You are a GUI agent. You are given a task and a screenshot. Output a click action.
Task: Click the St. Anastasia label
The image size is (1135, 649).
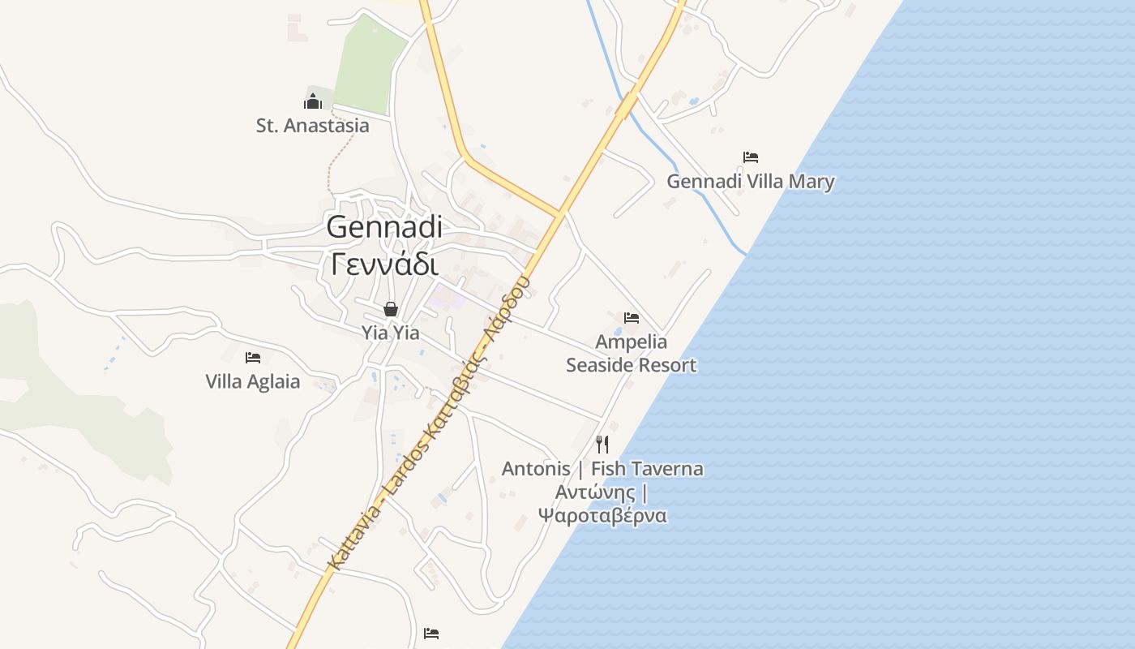click(312, 126)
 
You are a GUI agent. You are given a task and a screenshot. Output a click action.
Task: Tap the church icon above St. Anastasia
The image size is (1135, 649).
click(313, 101)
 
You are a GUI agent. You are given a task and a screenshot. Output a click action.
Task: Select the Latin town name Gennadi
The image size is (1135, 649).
click(384, 227)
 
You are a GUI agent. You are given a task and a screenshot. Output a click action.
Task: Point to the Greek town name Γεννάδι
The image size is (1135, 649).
click(384, 263)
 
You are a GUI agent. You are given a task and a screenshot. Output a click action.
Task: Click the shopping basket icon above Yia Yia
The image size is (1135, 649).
click(391, 309)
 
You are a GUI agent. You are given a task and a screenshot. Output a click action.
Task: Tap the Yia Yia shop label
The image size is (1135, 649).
click(391, 333)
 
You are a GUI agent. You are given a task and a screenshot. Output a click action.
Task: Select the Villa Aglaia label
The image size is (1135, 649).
click(252, 381)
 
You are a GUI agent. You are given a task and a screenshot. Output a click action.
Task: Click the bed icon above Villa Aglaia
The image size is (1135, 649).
click(253, 357)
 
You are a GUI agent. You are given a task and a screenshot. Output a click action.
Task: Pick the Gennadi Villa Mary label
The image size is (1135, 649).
click(750, 181)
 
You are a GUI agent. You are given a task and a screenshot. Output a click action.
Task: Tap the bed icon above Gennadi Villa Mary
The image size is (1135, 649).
click(751, 157)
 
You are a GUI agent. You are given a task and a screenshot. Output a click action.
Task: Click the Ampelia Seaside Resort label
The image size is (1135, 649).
click(631, 354)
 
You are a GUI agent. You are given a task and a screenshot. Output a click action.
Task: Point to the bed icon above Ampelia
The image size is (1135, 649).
click(632, 317)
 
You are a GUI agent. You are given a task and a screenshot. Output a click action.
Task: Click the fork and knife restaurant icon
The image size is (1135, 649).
click(602, 444)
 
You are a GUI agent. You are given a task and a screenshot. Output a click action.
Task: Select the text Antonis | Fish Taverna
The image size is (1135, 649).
click(602, 469)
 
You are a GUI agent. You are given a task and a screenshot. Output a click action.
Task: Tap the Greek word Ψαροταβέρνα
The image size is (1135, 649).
click(602, 516)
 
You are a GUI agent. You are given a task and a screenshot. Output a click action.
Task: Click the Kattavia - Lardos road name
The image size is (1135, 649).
click(430, 422)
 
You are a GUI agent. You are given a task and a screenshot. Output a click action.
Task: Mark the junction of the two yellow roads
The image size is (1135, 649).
click(559, 214)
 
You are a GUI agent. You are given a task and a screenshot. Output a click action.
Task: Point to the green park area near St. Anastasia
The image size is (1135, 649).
click(369, 65)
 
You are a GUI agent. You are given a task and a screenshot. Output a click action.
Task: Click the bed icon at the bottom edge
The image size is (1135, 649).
click(431, 633)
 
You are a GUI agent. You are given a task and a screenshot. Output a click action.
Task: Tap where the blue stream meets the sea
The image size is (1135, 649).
click(746, 254)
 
